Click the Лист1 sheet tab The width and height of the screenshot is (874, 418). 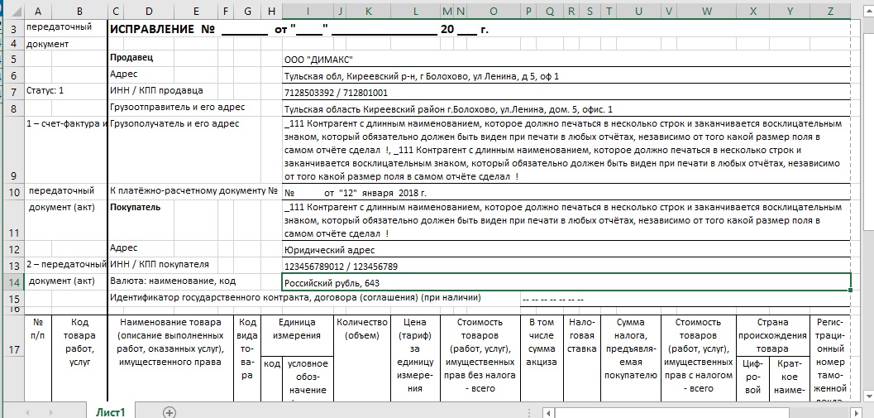[111, 411]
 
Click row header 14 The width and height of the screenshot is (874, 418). [12, 283]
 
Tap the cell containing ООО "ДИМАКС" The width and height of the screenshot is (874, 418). [318, 60]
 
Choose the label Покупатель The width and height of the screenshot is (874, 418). [136, 207]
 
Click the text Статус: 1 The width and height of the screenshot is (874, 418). [45, 90]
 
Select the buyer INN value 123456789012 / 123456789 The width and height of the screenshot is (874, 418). [341, 267]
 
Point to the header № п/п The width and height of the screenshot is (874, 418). [38, 329]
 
